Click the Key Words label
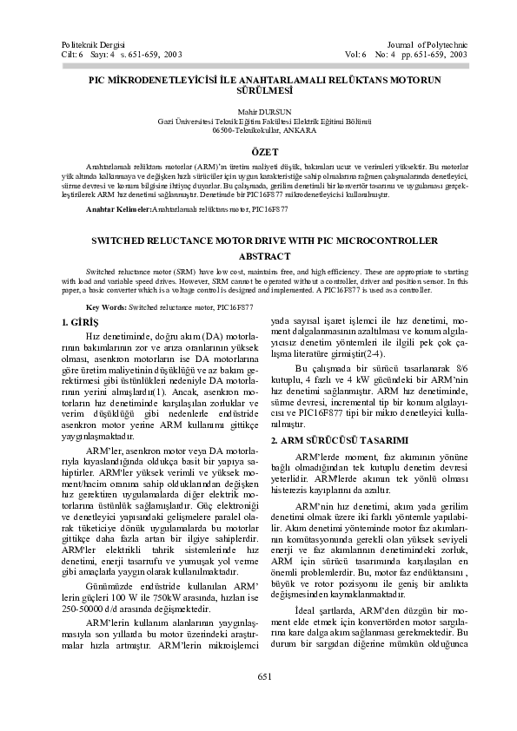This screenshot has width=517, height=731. tap(107, 307)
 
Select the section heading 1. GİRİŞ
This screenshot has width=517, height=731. tap(83, 323)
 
